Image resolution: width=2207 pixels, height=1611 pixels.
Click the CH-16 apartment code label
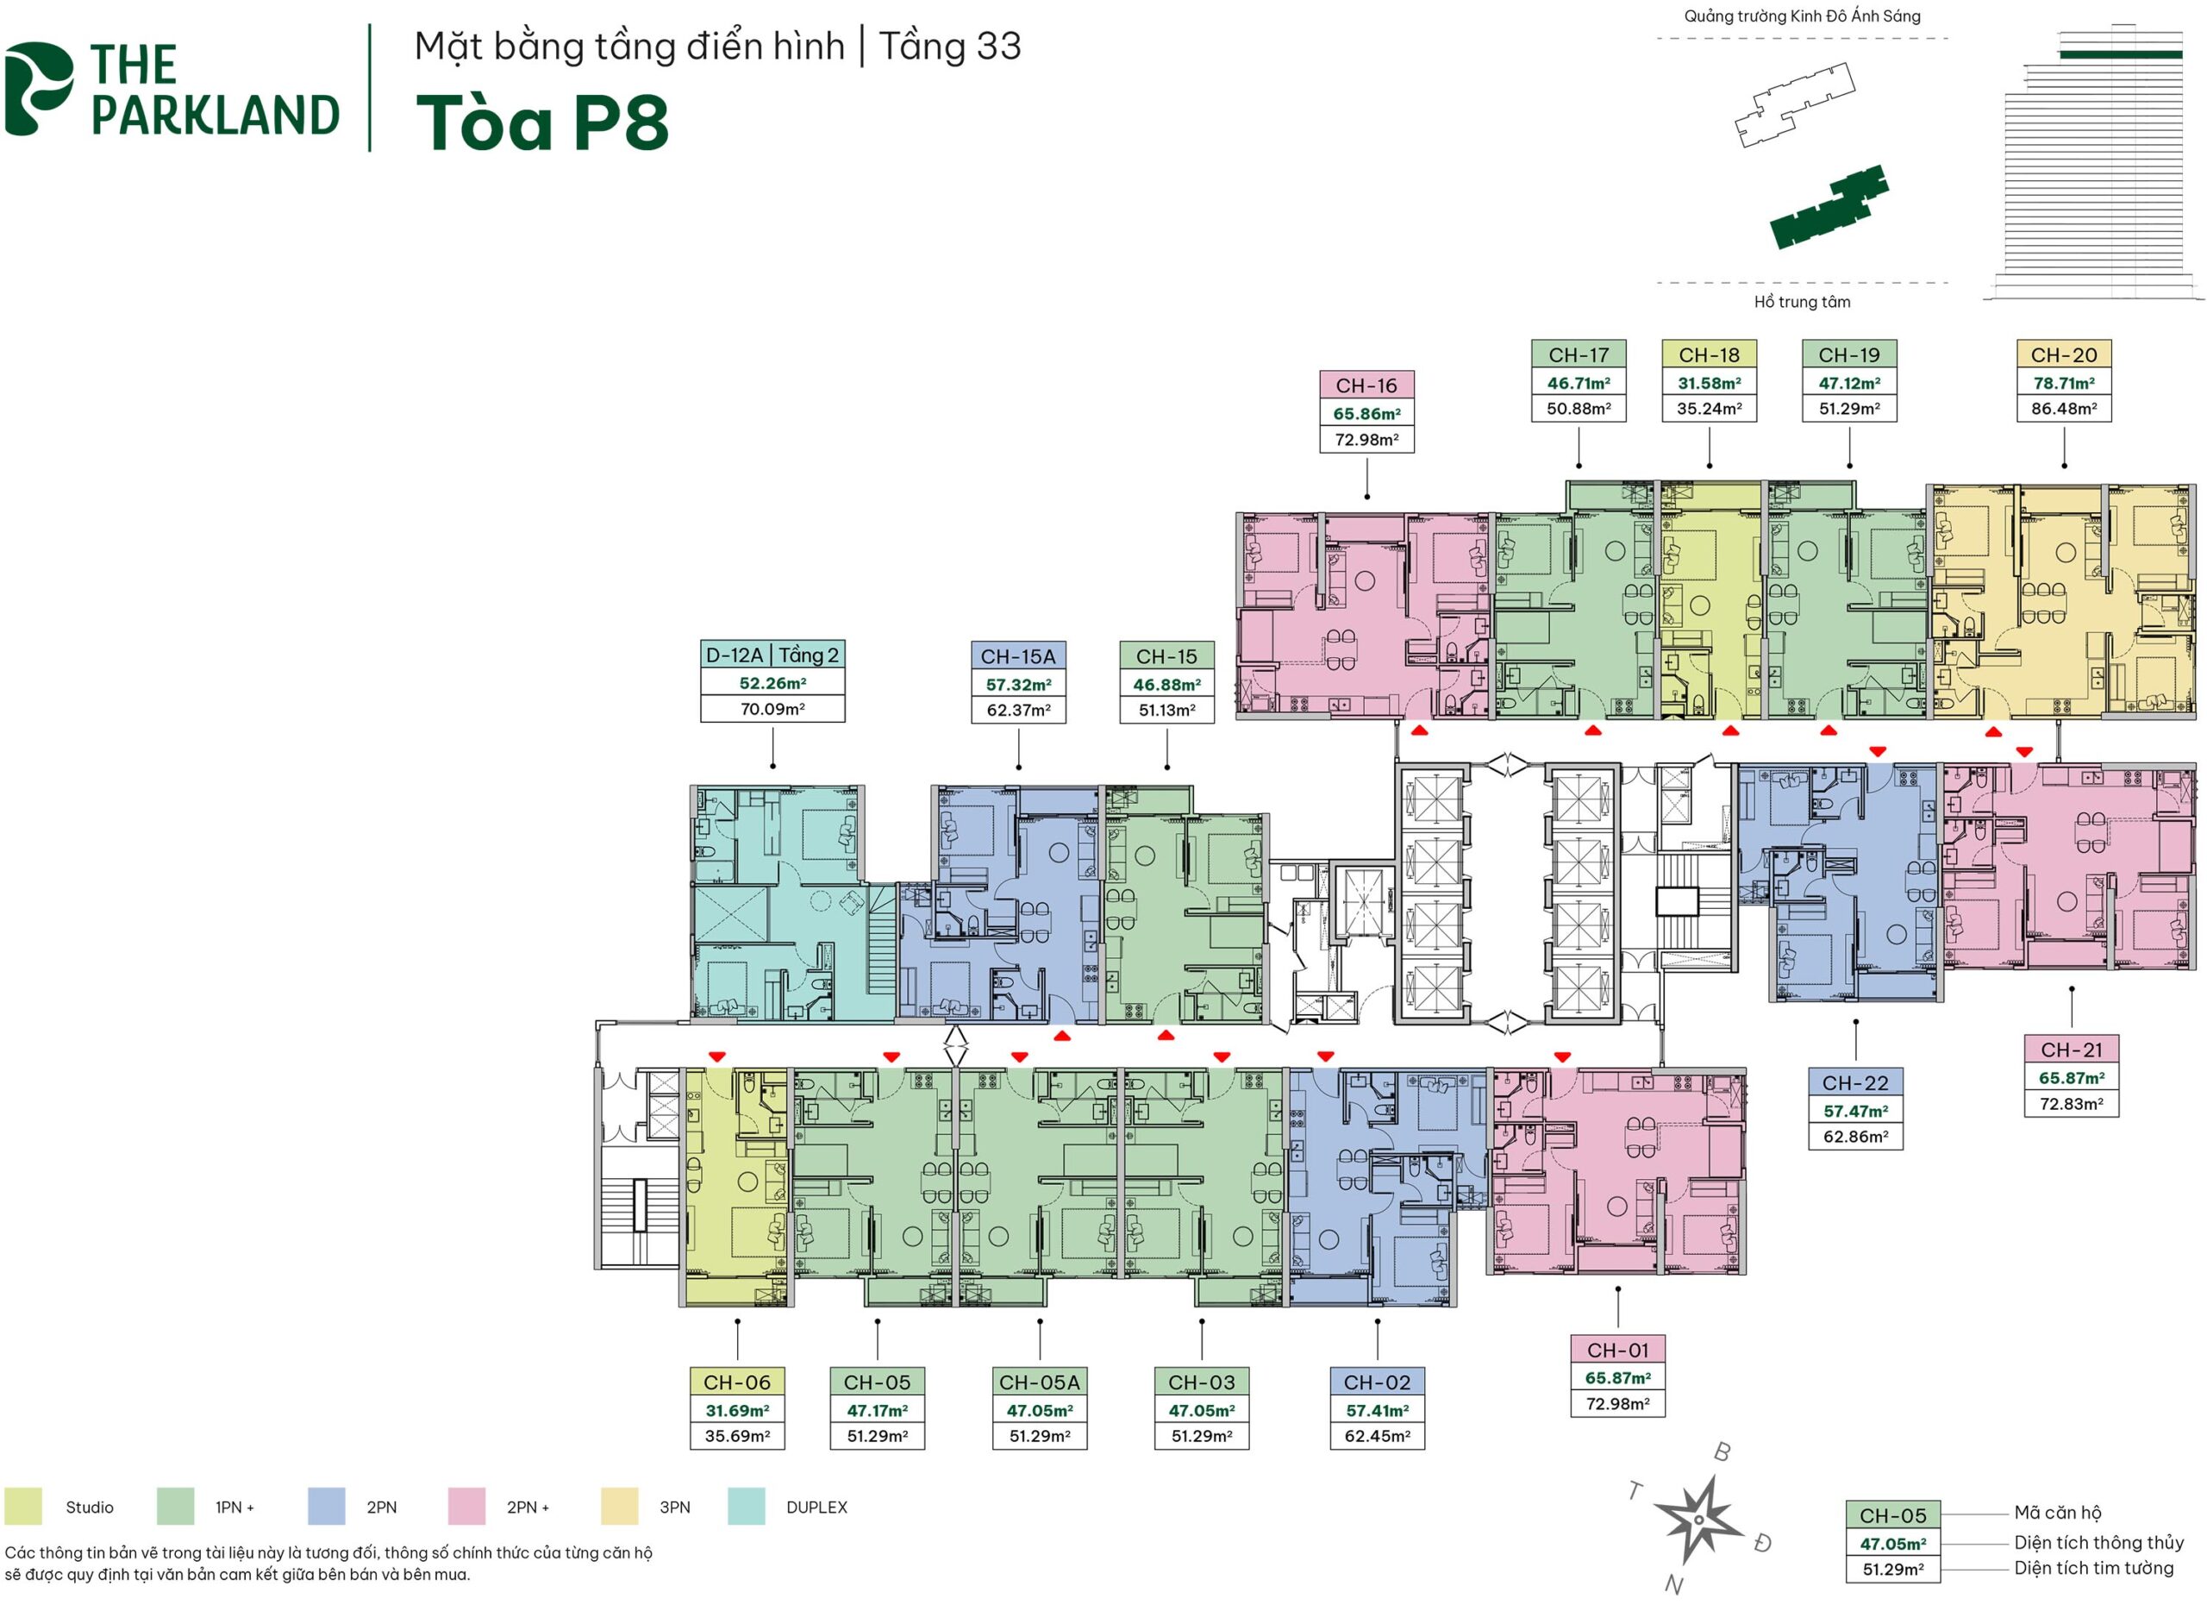[x=1366, y=386]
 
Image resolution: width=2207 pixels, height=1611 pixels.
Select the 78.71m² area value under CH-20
[x=2063, y=383]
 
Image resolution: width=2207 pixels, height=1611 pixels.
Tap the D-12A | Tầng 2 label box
[x=772, y=655]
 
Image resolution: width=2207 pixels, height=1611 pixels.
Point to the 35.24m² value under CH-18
[x=1708, y=409]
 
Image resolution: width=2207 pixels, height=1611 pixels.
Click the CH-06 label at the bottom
[x=737, y=1382]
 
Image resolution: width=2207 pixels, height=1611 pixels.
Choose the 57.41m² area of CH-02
[x=1377, y=1410]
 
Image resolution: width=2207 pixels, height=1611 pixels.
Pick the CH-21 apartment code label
[x=2071, y=1050]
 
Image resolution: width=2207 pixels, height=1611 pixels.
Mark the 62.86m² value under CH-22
[x=1855, y=1136]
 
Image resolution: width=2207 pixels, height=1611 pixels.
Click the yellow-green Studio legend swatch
[x=23, y=1507]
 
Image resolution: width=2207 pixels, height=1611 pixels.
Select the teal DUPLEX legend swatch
[x=746, y=1507]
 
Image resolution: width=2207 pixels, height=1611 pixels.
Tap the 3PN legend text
[x=674, y=1508]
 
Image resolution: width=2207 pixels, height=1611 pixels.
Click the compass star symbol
[x=1697, y=1520]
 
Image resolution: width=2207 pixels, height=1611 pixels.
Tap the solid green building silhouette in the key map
[x=1827, y=208]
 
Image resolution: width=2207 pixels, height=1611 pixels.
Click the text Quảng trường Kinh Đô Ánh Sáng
[x=1802, y=16]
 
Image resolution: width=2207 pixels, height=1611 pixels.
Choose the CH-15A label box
[x=1017, y=656]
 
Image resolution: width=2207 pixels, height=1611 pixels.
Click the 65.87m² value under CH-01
[x=1617, y=1378]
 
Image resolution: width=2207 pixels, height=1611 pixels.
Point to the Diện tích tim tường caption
[x=2093, y=1568]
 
